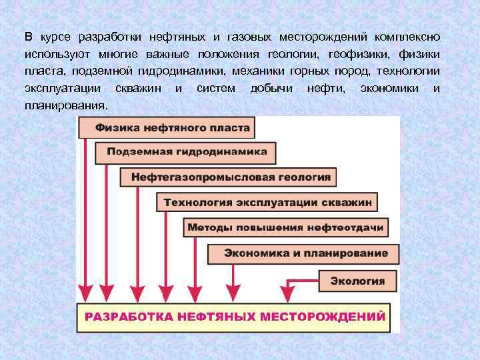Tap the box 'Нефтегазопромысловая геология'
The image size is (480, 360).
click(x=229, y=177)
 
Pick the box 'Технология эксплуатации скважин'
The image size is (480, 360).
click(x=267, y=202)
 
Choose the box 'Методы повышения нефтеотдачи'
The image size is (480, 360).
click(x=285, y=227)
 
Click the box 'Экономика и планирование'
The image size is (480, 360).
click(x=303, y=253)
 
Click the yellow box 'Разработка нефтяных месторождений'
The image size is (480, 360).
click(x=234, y=316)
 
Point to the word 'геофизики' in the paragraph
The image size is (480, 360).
click(x=348, y=53)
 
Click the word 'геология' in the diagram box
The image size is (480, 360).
click(x=306, y=177)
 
